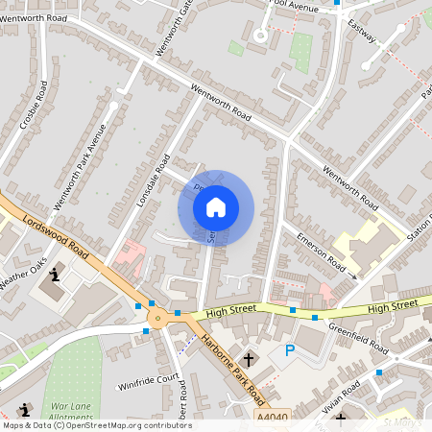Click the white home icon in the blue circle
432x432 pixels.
click(x=216, y=206)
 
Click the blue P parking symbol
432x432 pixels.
click(x=288, y=353)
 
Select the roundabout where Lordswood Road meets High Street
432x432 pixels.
click(x=156, y=318)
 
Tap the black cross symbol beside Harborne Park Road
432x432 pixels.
click(x=248, y=359)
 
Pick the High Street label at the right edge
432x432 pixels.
click(x=394, y=305)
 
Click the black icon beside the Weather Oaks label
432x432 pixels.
click(x=55, y=276)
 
